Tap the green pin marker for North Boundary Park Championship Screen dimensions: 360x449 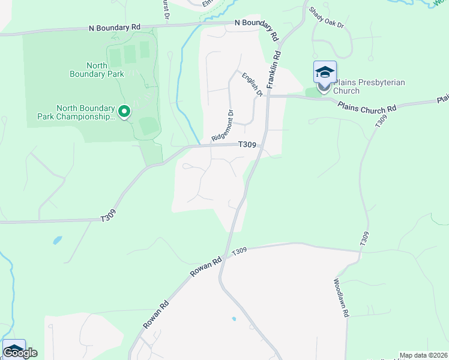125,111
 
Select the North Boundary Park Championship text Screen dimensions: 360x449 85,112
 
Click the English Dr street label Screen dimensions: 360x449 253,85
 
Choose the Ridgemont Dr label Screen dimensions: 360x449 221,125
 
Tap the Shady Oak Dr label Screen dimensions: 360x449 326,18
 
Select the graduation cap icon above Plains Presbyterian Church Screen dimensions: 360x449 325,73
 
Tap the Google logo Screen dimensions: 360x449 20,353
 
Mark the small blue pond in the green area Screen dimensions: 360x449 57,240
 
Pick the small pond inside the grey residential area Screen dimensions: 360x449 234,319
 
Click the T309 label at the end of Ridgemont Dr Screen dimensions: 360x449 247,145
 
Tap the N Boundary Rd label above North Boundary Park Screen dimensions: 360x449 114,28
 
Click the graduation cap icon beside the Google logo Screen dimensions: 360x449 14,349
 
